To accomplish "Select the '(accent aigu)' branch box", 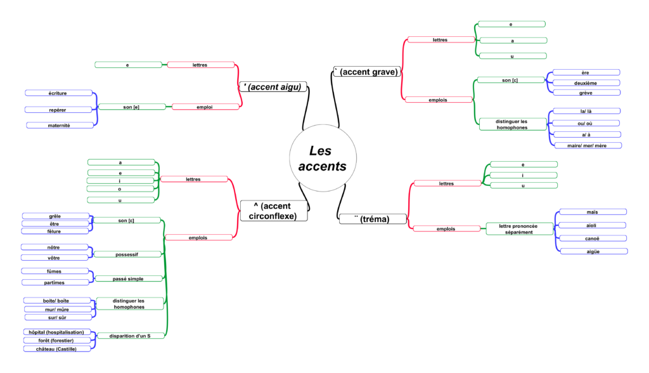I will pos(274,87).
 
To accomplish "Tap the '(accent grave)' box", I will pos(367,72).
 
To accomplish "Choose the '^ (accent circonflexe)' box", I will pos(274,211).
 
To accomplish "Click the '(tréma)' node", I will pos(373,219).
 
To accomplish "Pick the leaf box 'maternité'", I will pos(59,126).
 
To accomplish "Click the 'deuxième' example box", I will pos(585,83).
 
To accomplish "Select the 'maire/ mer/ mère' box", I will pos(588,145).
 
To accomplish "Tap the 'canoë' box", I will pos(593,239).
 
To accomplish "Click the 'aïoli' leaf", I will pos(593,225).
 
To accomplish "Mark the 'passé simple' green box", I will pos(128,278).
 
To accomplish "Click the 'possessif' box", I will pos(128,254).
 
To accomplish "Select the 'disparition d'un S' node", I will pos(131,336).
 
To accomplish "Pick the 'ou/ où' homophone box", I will pos(586,123).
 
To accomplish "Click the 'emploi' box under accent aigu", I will pos(205,107).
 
